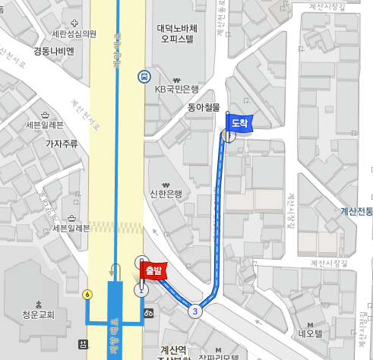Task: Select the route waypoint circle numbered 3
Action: [195, 311]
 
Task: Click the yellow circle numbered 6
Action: [88, 294]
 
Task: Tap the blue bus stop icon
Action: [144, 76]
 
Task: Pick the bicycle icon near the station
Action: [150, 314]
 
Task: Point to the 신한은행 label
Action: [166, 194]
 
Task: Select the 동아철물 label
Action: [203, 107]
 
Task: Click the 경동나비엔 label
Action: [54, 52]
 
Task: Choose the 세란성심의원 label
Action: [74, 34]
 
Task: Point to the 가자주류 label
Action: [62, 143]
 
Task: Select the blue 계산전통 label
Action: [356, 211]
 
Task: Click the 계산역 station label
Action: [174, 350]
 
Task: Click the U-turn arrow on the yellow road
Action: [115, 270]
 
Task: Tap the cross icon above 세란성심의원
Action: [74, 23]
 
